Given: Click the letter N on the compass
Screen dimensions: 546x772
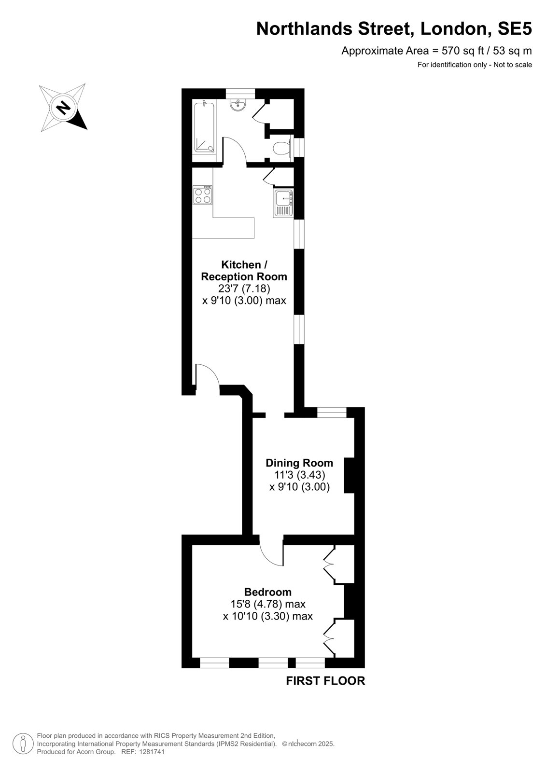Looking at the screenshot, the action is click(63, 108).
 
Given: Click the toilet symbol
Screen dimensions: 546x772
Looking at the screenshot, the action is click(281, 149).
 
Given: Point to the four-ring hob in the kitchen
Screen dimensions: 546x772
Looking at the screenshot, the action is click(203, 195).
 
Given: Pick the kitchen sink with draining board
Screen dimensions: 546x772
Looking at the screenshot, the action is click(283, 203).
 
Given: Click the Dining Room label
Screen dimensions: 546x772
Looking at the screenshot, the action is click(299, 463).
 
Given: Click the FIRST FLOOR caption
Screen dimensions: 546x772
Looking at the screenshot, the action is click(325, 681).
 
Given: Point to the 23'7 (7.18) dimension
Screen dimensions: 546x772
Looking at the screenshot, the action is click(244, 289).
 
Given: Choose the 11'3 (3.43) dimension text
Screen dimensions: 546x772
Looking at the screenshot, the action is click(299, 475).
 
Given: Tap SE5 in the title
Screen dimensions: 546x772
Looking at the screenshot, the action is click(514, 29).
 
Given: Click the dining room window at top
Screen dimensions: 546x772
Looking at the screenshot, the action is click(332, 412).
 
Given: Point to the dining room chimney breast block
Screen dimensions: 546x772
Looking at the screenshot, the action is click(350, 476).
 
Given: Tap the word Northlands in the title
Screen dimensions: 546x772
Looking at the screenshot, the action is click(304, 29).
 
